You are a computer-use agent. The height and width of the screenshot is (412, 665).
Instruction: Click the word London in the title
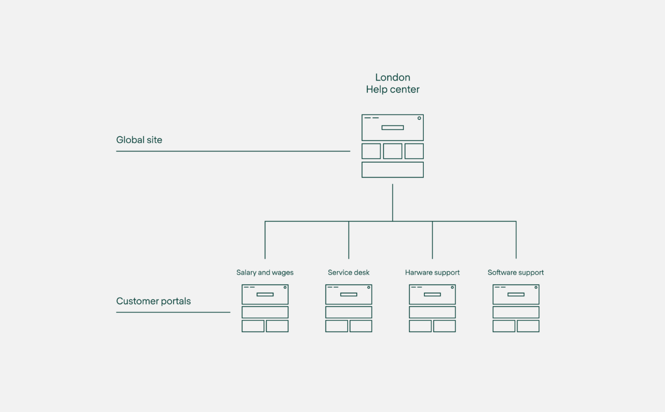(x=392, y=77)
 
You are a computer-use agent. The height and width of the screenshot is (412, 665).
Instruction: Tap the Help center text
(x=392, y=89)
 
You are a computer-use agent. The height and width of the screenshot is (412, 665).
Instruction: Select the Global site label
(x=139, y=140)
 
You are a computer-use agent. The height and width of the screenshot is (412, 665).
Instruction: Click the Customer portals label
(x=153, y=301)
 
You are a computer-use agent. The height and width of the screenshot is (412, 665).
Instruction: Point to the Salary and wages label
(x=265, y=273)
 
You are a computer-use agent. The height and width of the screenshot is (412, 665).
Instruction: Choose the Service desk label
(x=349, y=272)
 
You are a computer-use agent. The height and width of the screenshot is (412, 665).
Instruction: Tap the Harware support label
(x=432, y=273)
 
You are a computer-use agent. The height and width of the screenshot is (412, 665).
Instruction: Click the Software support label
(x=516, y=273)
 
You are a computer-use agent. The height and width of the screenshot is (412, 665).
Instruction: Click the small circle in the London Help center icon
(x=419, y=118)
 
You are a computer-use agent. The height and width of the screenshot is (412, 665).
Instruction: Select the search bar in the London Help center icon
(x=392, y=127)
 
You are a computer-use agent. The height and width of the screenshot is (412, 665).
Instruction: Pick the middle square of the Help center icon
(x=392, y=151)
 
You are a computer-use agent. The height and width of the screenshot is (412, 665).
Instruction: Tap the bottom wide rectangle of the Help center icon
(x=392, y=170)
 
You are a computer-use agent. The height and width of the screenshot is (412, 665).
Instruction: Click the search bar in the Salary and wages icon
(x=265, y=295)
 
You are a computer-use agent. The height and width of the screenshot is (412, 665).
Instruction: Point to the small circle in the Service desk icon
(x=369, y=287)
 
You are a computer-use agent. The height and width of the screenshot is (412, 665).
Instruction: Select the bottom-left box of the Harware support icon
(x=420, y=326)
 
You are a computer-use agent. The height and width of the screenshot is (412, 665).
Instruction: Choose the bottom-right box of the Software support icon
(x=528, y=326)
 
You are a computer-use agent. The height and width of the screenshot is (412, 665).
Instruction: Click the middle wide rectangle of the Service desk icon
(x=349, y=312)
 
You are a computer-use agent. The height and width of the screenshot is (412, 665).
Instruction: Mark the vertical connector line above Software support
(x=516, y=240)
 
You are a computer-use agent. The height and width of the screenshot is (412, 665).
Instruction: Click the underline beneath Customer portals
(x=173, y=312)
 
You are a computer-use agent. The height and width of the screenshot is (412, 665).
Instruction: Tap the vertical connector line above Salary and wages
(x=265, y=240)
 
